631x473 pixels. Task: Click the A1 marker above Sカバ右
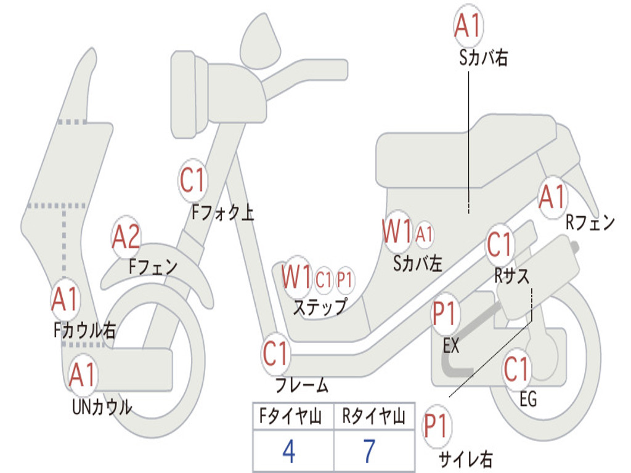tap(467, 25)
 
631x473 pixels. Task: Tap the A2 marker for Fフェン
tap(126, 237)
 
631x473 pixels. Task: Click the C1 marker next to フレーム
tap(276, 354)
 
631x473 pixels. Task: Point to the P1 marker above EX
tap(444, 315)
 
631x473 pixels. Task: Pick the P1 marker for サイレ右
tap(437, 426)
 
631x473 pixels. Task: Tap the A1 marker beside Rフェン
tap(552, 198)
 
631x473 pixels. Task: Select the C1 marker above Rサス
tap(500, 245)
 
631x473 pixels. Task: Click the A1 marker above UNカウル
tap(83, 375)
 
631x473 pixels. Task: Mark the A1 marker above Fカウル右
tap(65, 299)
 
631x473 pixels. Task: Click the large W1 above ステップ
tap(296, 278)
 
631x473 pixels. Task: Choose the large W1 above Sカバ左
tap(397, 232)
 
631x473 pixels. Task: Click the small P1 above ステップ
tap(344, 280)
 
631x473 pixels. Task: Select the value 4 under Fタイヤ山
tap(289, 451)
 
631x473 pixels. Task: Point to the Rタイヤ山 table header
tap(373, 418)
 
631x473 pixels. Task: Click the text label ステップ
tap(319, 306)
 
